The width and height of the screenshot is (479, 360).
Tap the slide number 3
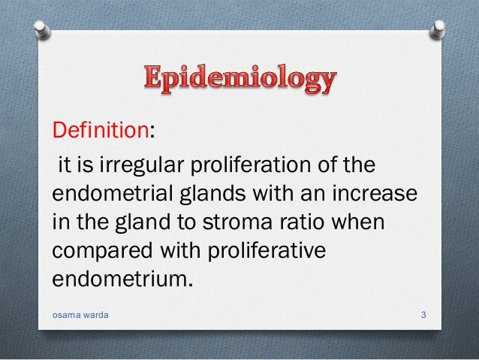[x=424, y=315]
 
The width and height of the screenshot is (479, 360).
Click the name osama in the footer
[x=65, y=315]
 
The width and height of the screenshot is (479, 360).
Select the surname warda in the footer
[x=95, y=315]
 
